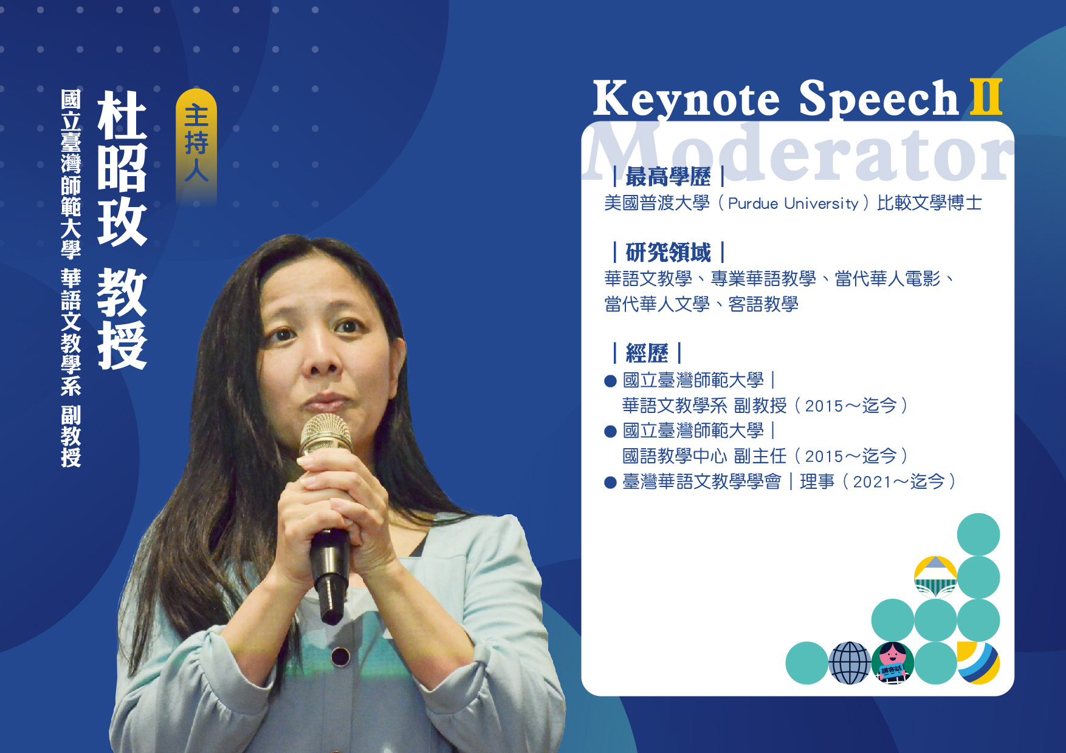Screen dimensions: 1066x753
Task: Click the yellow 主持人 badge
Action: click(x=196, y=146)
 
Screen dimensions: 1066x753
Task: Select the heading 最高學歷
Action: click(x=668, y=177)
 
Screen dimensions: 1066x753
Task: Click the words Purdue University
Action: click(x=793, y=203)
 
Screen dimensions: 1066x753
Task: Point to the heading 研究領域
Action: click(x=668, y=252)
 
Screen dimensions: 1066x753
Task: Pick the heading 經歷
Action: click(x=647, y=353)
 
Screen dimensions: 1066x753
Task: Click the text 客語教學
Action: click(x=763, y=304)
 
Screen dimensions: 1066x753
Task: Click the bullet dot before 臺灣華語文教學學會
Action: click(x=611, y=483)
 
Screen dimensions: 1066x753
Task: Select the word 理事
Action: click(x=817, y=482)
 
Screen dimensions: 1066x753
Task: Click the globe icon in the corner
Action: click(x=850, y=663)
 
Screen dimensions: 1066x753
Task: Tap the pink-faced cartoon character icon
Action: click(x=892, y=663)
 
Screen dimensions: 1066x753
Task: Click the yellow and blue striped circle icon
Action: click(x=978, y=663)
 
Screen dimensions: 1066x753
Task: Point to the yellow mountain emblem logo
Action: click(x=936, y=577)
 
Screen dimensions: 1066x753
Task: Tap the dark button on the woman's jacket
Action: click(x=340, y=656)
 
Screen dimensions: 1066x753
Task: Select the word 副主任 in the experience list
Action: click(x=760, y=456)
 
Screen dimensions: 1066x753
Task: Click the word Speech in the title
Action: click(x=879, y=98)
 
